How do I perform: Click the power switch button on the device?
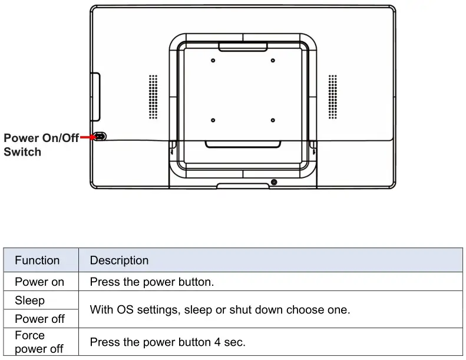(100, 137)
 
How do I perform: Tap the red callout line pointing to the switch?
(87, 137)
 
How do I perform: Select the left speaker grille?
(153, 96)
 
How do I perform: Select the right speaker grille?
(333, 96)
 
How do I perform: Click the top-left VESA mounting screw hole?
(213, 61)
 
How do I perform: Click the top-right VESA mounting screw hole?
(273, 61)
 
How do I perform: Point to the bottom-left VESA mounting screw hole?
(213, 120)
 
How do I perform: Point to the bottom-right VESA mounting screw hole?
(273, 120)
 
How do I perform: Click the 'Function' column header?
(37, 260)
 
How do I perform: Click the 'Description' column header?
(119, 260)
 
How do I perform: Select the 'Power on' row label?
(39, 282)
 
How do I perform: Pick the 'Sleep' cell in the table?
(29, 300)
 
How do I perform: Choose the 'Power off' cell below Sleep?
(39, 319)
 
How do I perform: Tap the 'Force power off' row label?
(39, 342)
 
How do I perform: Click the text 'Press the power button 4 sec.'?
(167, 342)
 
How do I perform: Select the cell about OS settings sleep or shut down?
(220, 309)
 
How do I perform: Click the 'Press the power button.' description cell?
(151, 282)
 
